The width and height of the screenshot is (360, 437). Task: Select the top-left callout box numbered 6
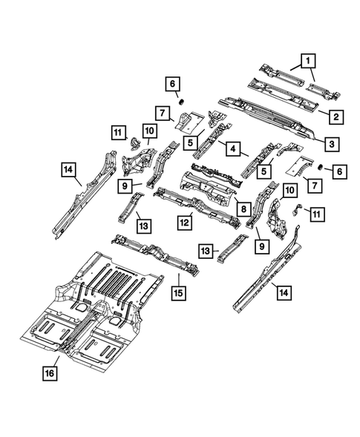click(171, 83)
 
